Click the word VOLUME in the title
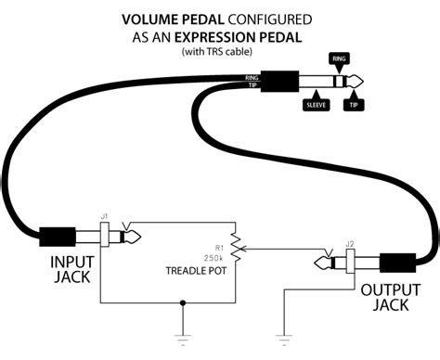click(153, 19)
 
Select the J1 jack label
click(104, 217)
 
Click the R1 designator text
click(219, 249)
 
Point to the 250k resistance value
click(217, 259)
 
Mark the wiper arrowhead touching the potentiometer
click(244, 250)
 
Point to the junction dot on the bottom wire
click(187, 301)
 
